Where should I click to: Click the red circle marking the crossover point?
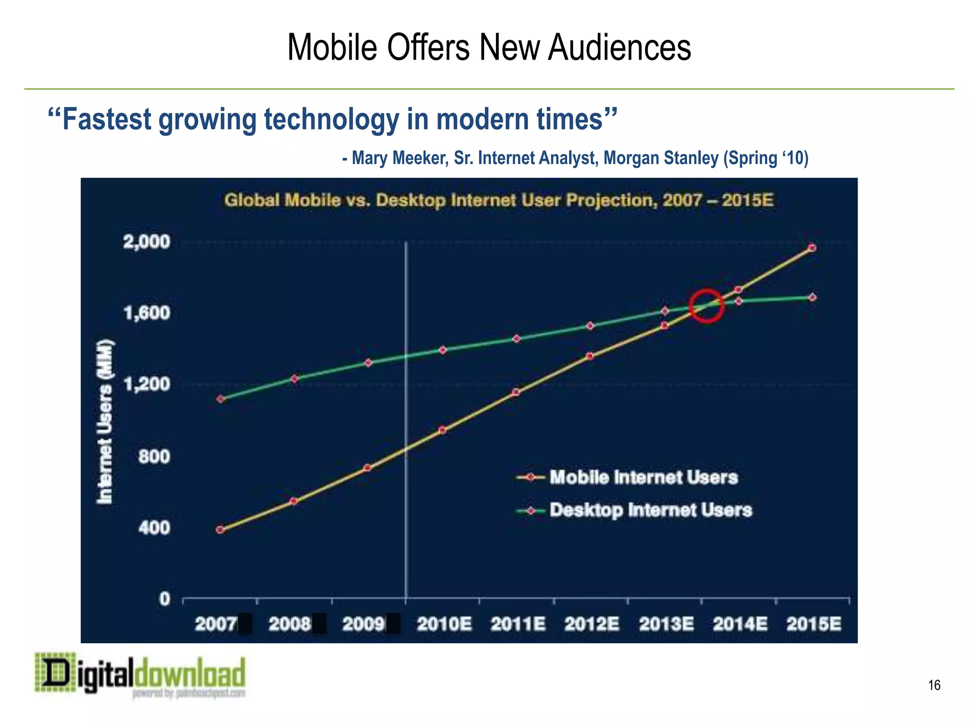pyautogui.click(x=706, y=306)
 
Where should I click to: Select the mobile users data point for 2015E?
pyautogui.click(x=812, y=248)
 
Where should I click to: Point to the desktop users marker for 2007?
pyautogui.click(x=220, y=399)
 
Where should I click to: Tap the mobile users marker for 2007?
pyautogui.click(x=220, y=530)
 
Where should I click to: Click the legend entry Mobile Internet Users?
pyautogui.click(x=643, y=477)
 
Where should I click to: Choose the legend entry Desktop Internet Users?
pyautogui.click(x=650, y=510)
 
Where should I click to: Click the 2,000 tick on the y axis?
pyautogui.click(x=147, y=242)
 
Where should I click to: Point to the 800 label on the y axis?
pyautogui.click(x=154, y=457)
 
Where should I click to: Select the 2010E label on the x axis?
pyautogui.click(x=444, y=624)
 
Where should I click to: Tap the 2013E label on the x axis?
pyautogui.click(x=666, y=624)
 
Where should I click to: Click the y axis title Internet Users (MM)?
pyautogui.click(x=105, y=422)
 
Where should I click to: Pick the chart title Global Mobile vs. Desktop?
pyautogui.click(x=499, y=200)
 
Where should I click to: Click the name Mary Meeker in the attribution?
pyautogui.click(x=400, y=158)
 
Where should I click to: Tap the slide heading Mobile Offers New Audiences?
pyautogui.click(x=489, y=47)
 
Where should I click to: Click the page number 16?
pyautogui.click(x=934, y=685)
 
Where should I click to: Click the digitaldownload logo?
pyautogui.click(x=140, y=675)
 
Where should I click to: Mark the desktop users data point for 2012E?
pyautogui.click(x=590, y=326)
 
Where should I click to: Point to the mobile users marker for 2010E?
pyautogui.click(x=442, y=430)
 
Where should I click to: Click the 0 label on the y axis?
pyautogui.click(x=165, y=599)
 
